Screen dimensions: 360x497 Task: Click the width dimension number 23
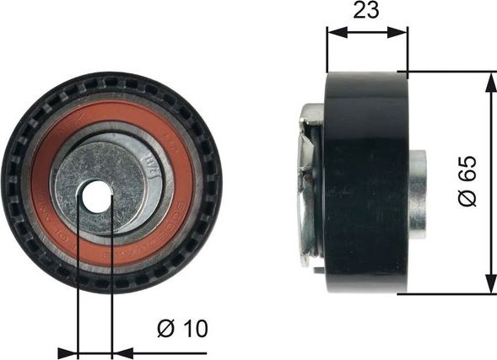(366, 11)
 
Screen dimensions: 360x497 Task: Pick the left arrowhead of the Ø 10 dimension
(72, 352)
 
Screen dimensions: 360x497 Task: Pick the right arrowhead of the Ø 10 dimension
(118, 352)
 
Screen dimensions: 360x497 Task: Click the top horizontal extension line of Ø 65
(447, 72)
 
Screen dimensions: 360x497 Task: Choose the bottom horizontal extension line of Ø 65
(447, 293)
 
